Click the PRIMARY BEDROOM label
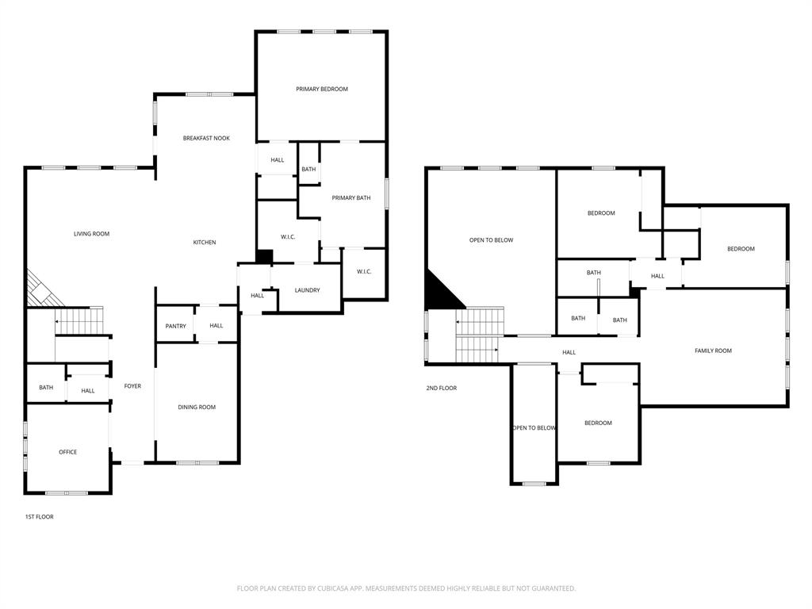click(x=322, y=90)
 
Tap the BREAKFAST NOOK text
click(x=206, y=138)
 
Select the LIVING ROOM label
click(x=91, y=234)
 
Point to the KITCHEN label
click(x=205, y=243)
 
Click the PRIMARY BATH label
click(x=351, y=198)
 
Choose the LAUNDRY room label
click(x=307, y=290)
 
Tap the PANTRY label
click(x=176, y=326)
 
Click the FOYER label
click(x=132, y=386)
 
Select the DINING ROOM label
click(x=197, y=408)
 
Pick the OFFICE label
click(x=67, y=452)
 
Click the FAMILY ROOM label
click(x=713, y=350)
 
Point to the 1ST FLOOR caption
click(x=39, y=517)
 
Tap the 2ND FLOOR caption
click(x=442, y=389)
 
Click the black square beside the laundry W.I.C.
click(x=265, y=257)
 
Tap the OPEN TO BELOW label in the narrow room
click(x=534, y=428)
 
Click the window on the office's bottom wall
click(x=67, y=493)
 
